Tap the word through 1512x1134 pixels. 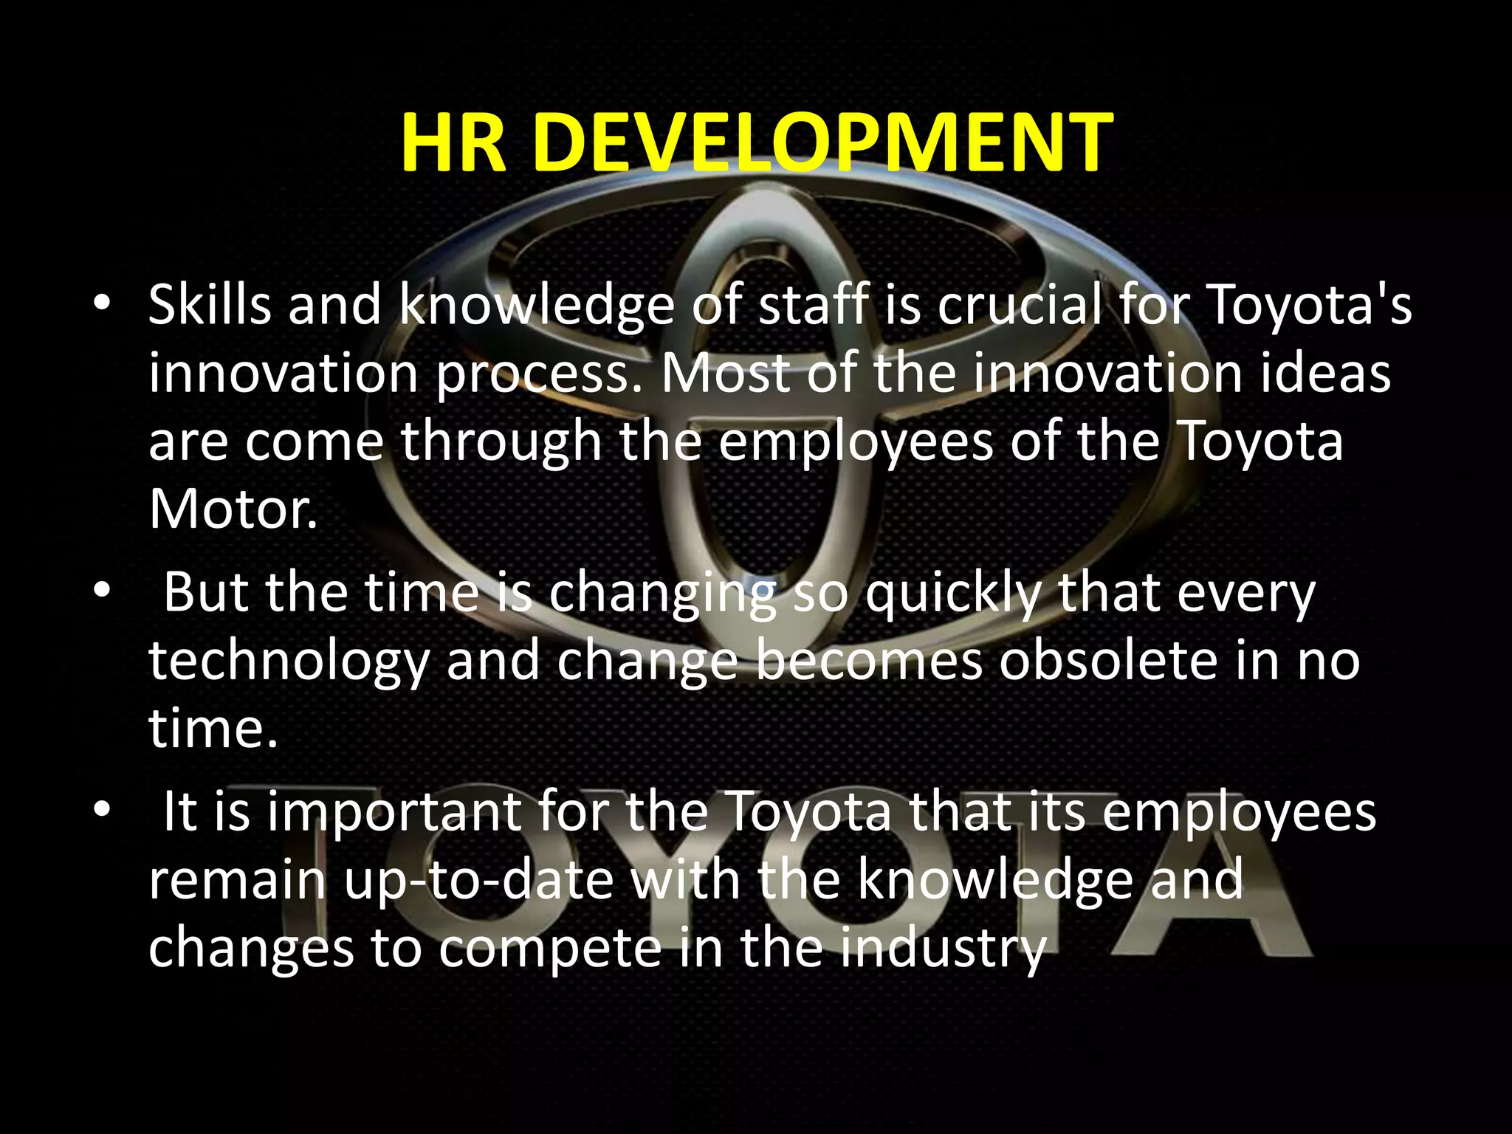[501, 442]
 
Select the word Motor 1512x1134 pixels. [233, 509]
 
